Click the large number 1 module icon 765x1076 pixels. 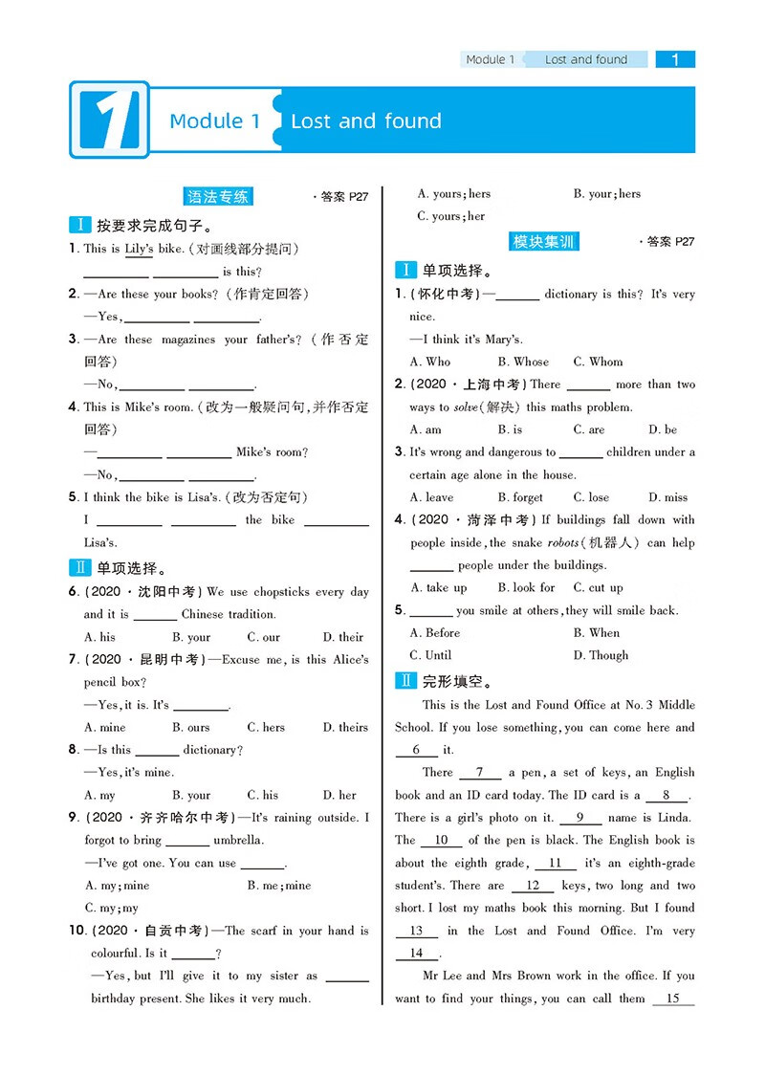(x=109, y=120)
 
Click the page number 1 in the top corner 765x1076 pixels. (x=675, y=59)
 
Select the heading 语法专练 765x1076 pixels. (x=219, y=196)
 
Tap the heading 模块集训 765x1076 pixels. (x=544, y=241)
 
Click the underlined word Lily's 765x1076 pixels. (x=139, y=249)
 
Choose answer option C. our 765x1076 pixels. (x=264, y=637)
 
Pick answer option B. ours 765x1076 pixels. (x=191, y=727)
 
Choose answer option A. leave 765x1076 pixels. (x=431, y=497)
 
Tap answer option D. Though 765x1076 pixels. (x=601, y=655)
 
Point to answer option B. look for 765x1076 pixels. (x=525, y=587)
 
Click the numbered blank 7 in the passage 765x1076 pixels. (x=481, y=773)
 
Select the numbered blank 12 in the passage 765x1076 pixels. (x=533, y=886)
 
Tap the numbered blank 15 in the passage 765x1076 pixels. (x=672, y=999)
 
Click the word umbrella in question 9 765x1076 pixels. (x=239, y=840)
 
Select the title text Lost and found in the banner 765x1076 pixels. (x=365, y=121)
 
